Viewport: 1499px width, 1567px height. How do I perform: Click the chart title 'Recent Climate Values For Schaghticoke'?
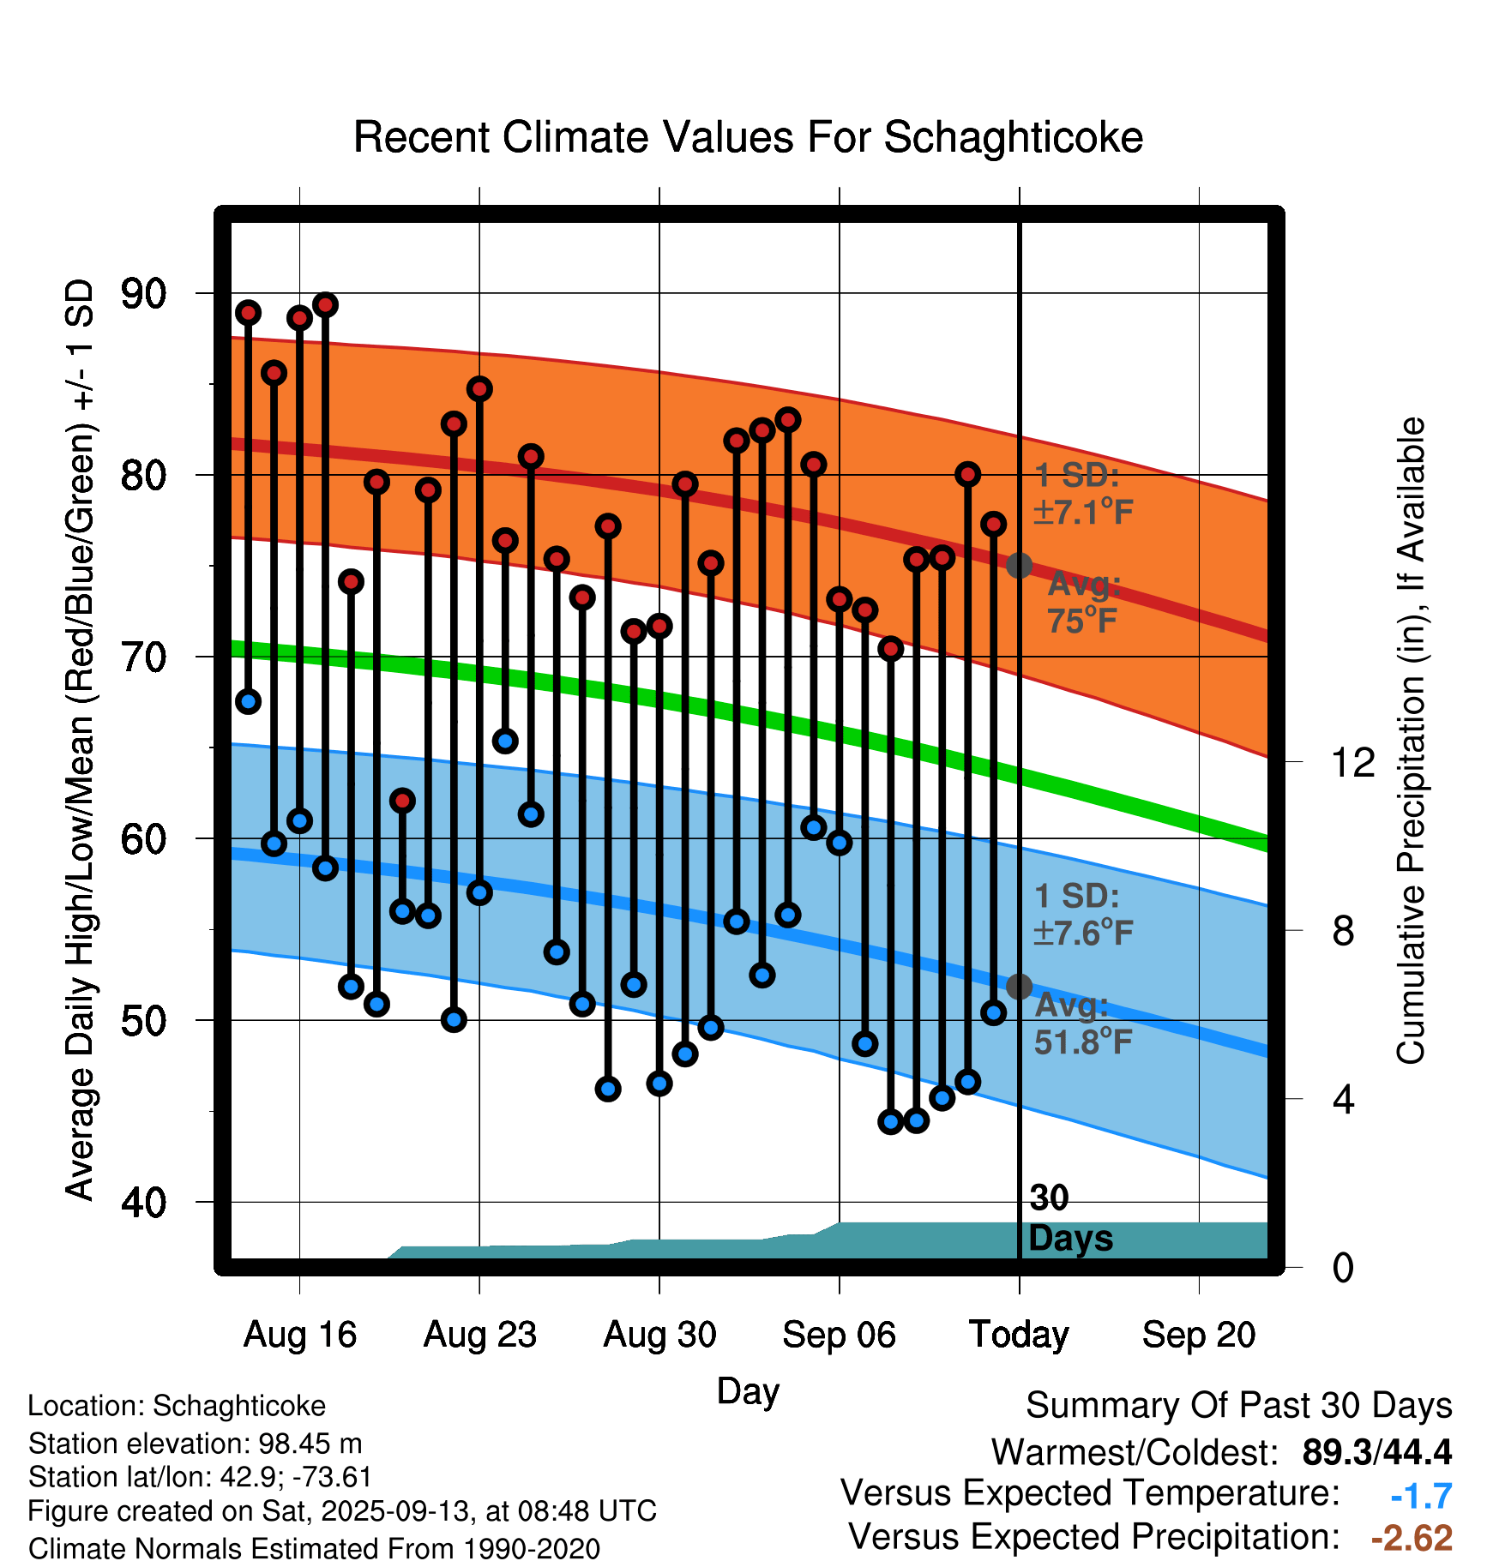[x=748, y=137]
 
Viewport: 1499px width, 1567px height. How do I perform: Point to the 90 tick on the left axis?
[x=143, y=294]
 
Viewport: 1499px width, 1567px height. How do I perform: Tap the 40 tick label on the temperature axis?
[x=143, y=1203]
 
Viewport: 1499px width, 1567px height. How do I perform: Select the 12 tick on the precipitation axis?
[x=1352, y=762]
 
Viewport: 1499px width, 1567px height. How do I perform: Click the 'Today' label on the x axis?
[x=1019, y=1334]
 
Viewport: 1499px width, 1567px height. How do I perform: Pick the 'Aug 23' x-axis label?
[x=479, y=1334]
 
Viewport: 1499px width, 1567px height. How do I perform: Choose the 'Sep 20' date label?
[x=1198, y=1334]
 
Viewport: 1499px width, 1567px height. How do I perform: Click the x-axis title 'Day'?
[x=748, y=1390]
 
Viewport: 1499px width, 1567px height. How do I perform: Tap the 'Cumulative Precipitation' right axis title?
[x=1411, y=741]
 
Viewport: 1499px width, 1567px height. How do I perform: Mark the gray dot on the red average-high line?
[x=1019, y=566]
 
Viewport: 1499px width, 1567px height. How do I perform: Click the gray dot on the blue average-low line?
[x=1019, y=987]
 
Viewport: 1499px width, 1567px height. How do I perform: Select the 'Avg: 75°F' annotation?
[x=1083, y=602]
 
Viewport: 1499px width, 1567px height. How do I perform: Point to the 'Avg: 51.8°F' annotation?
[x=1082, y=1024]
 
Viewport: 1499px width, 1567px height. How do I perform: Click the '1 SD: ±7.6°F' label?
[x=1083, y=914]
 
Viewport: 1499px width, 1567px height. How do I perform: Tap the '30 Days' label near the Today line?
[x=1069, y=1219]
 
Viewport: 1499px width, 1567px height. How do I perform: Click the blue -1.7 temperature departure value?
[x=1421, y=1496]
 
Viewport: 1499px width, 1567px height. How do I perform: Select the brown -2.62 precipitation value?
[x=1412, y=1538]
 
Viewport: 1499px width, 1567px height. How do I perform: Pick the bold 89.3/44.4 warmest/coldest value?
[x=1376, y=1452]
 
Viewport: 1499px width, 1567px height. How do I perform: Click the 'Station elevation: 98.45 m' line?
[x=195, y=1444]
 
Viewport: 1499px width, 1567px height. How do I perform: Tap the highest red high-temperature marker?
[x=325, y=304]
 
